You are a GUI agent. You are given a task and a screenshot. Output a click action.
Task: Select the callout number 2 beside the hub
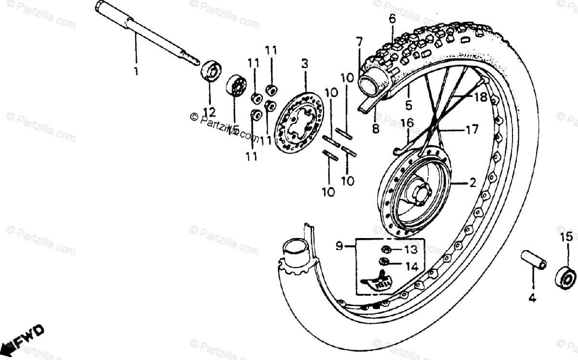click(x=473, y=183)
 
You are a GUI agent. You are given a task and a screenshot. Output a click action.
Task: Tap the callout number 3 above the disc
click(x=304, y=64)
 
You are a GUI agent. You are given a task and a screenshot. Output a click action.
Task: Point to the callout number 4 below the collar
click(x=532, y=298)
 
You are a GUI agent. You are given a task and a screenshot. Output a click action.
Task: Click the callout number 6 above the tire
click(x=392, y=19)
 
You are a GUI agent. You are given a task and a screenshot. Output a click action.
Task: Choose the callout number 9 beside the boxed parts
click(x=339, y=247)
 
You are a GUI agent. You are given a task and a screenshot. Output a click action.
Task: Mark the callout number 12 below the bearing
click(x=209, y=112)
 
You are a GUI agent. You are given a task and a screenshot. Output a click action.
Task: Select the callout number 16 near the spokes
click(x=407, y=123)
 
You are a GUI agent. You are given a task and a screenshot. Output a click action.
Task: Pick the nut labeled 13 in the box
click(x=386, y=250)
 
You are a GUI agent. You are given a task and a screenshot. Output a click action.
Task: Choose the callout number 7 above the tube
click(x=359, y=41)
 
